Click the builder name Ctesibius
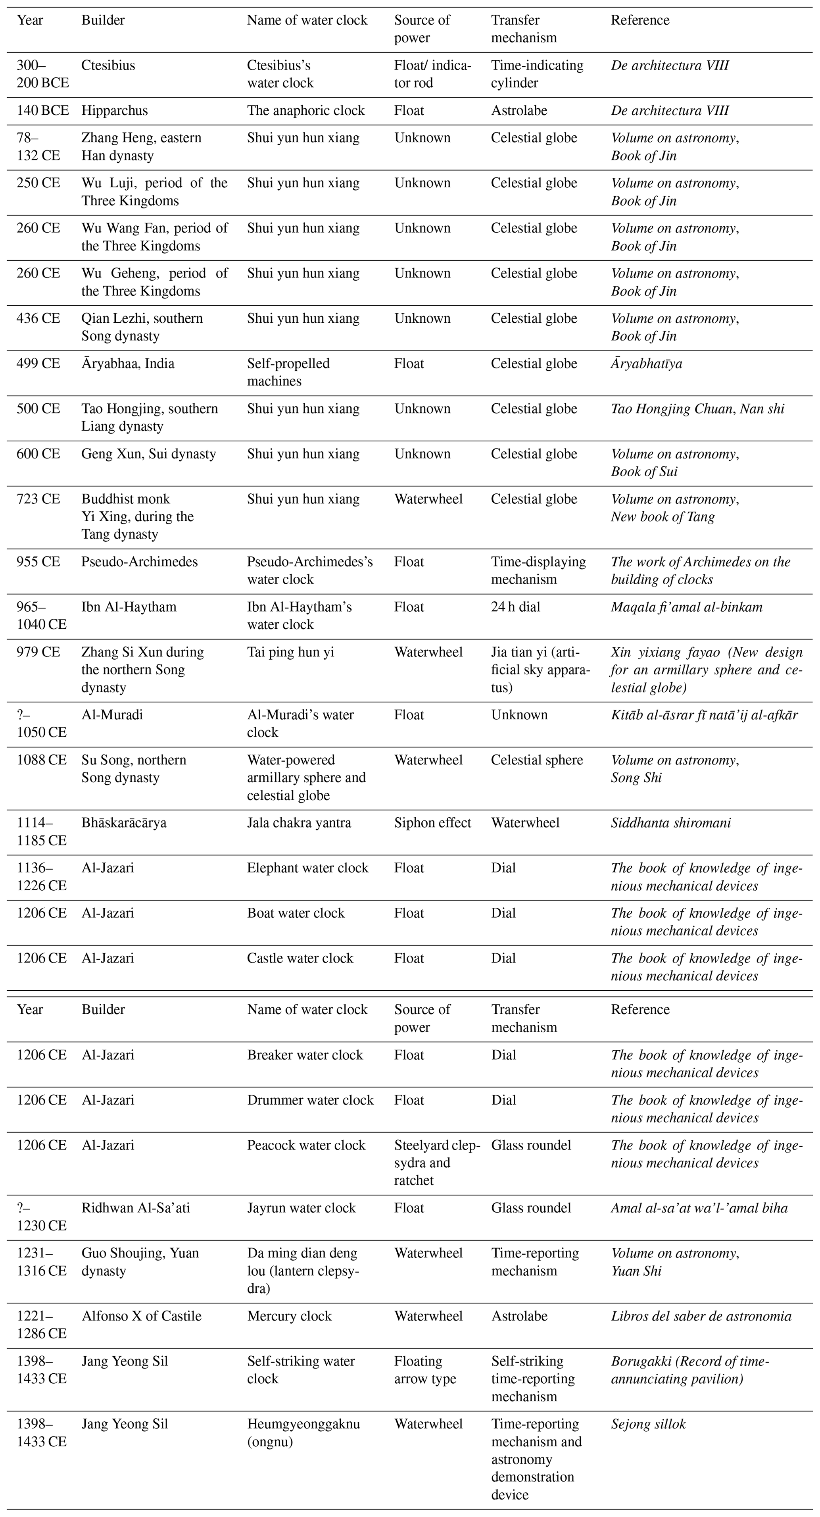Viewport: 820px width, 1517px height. point(108,65)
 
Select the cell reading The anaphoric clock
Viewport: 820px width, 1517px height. point(305,111)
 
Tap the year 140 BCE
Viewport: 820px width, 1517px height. point(42,111)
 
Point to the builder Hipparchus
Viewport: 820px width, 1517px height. point(114,111)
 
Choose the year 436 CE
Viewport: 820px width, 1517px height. point(38,319)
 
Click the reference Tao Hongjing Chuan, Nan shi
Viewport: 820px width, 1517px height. point(697,409)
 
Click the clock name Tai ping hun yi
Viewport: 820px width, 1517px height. point(290,653)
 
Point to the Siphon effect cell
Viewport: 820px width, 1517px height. point(432,823)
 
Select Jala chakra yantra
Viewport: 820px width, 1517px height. point(298,823)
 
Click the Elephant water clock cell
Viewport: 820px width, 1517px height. point(307,868)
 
